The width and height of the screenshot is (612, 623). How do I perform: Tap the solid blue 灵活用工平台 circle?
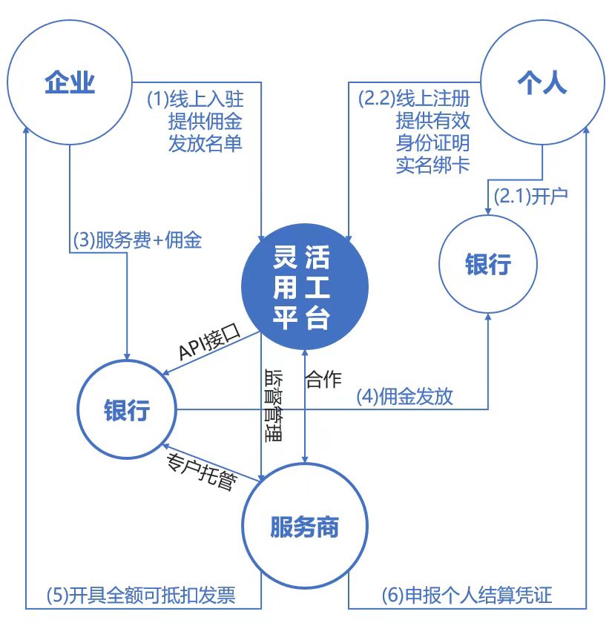point(305,287)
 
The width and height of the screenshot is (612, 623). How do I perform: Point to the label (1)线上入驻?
point(195,99)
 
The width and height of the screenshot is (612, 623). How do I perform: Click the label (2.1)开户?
point(531,196)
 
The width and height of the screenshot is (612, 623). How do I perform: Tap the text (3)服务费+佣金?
point(138,240)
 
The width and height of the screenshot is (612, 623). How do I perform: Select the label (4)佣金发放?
point(404,396)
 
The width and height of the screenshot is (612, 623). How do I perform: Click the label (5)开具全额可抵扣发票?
point(141,595)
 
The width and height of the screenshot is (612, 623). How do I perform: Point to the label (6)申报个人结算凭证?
point(467,595)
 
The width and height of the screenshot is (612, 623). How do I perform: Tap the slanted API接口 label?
point(209,341)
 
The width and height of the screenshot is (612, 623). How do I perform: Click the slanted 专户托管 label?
point(203,471)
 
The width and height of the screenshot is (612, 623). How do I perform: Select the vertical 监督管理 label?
point(274,405)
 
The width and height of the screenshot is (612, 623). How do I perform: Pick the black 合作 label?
point(323,379)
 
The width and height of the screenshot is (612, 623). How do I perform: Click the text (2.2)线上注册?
point(414,99)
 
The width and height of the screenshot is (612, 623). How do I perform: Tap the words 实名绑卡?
point(433,165)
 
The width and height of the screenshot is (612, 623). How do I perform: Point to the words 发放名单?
point(205,143)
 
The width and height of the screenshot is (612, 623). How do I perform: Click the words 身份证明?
point(433,143)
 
